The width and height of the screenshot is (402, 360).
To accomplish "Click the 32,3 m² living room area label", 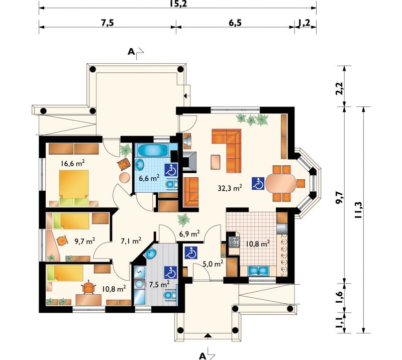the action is (230, 188).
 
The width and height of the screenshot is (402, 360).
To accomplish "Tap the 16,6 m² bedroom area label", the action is (73, 163).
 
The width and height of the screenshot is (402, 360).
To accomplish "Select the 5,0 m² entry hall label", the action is (213, 264).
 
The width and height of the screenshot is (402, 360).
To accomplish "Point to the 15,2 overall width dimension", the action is (178, 4).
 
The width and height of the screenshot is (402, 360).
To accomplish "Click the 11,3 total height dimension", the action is (358, 209).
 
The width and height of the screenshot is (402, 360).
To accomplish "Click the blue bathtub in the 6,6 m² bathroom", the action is (153, 150).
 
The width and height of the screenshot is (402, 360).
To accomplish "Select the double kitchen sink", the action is (258, 271).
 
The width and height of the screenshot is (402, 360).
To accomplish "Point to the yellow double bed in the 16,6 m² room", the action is (74, 188).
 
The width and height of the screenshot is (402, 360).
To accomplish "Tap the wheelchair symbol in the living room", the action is (258, 183).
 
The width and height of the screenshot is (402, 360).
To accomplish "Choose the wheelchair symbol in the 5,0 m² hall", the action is (191, 253).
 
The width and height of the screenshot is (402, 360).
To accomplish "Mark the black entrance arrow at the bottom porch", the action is (208, 335).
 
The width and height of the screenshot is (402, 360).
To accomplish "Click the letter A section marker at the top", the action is (131, 52).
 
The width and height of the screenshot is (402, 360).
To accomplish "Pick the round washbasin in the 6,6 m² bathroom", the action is (140, 164).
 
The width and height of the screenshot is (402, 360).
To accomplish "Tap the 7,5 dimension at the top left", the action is (107, 23).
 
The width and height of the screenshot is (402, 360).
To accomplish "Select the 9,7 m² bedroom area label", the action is (85, 241).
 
